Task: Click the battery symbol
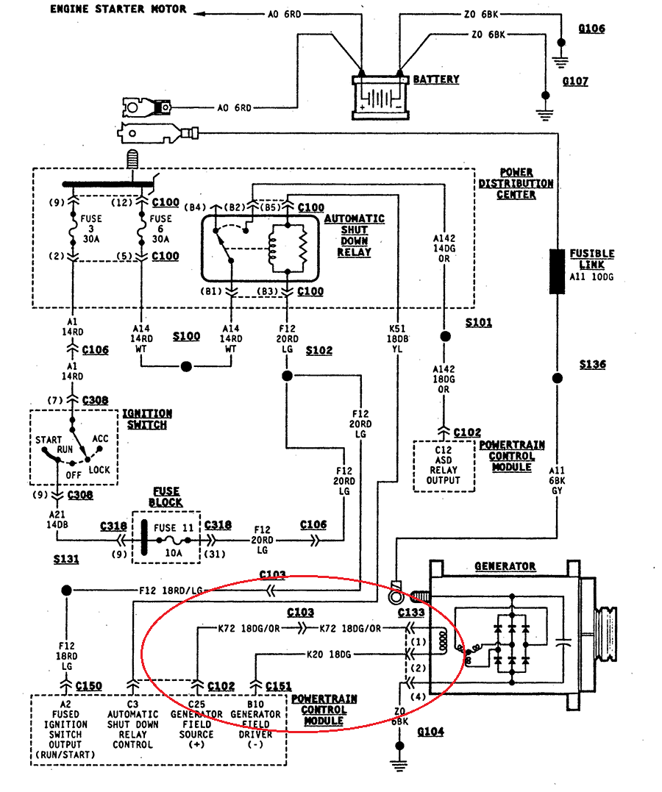pos(380,95)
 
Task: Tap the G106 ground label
pos(591,29)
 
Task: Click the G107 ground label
pos(575,81)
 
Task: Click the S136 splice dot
pos(557,378)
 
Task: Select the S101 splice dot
pos(444,337)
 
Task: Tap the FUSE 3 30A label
pos(92,229)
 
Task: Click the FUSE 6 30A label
pos(160,229)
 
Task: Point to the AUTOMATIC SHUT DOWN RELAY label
pos(354,235)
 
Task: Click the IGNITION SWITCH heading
pos(147,419)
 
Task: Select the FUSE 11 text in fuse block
pos(174,527)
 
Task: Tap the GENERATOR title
pos(505,566)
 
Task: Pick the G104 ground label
pos(430,732)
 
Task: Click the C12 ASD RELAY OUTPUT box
pos(444,465)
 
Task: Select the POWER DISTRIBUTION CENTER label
pos(516,183)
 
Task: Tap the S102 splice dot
pos(287,377)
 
